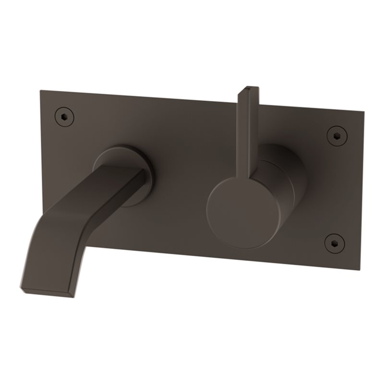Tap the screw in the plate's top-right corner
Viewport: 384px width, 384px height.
pos(336,135)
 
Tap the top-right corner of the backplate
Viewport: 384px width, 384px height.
pos(364,112)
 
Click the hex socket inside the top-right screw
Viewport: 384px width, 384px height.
pos(336,135)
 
